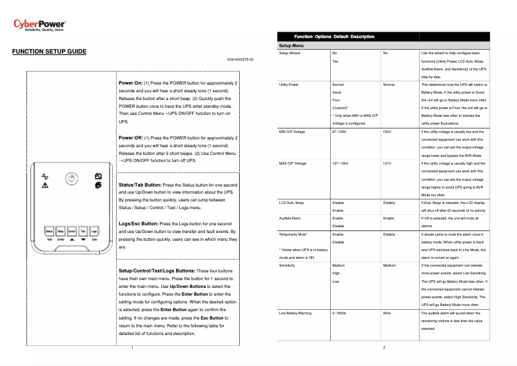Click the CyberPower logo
tap(39, 25)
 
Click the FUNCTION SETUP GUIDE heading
tap(50, 51)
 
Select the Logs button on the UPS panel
tap(94, 230)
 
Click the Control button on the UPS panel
tap(72, 230)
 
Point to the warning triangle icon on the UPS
tap(44, 185)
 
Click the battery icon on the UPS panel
tap(98, 176)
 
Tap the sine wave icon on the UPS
tap(44, 176)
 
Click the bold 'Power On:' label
tap(131, 83)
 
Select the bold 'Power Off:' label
tap(132, 137)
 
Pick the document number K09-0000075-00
tap(240, 59)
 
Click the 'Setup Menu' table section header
tap(291, 46)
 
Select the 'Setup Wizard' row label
tap(289, 53)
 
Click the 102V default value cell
tap(387, 132)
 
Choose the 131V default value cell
tap(387, 163)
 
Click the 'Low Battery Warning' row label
tap(295, 313)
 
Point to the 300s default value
tap(387, 313)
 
